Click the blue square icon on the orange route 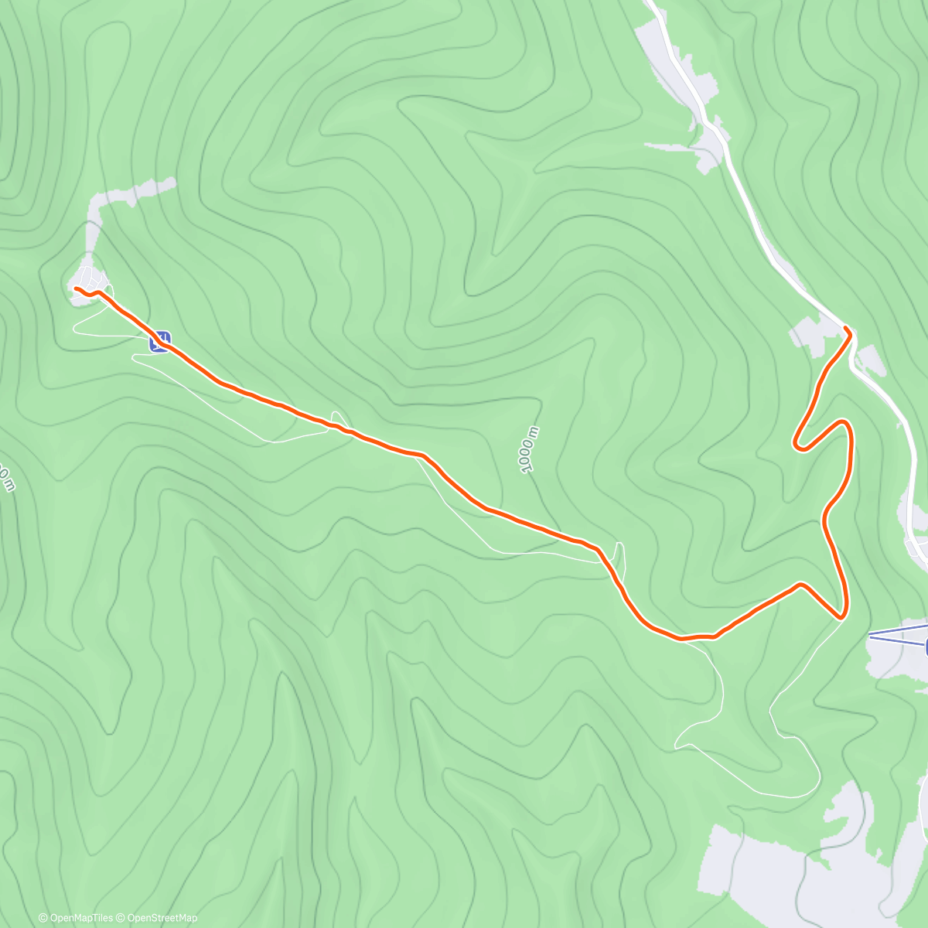(x=160, y=341)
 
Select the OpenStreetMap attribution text (x=162, y=918)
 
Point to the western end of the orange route (x=76, y=288)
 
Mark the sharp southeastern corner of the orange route (x=841, y=616)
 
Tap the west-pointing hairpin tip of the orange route (x=797, y=444)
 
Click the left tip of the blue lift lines (x=871, y=635)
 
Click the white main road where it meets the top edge (x=651, y=4)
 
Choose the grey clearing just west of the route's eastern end (x=806, y=339)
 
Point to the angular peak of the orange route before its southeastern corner (x=801, y=585)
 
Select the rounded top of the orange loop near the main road (x=844, y=424)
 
